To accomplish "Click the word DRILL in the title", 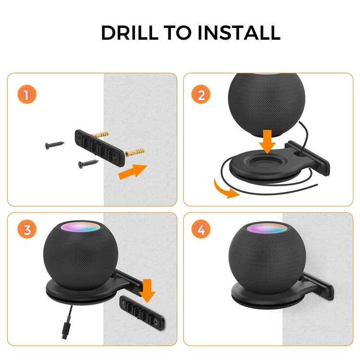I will pos(126,33).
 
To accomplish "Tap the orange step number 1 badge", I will pos(27,94).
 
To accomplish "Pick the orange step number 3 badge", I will pos(27,230).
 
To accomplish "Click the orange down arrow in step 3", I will pos(147,290).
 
